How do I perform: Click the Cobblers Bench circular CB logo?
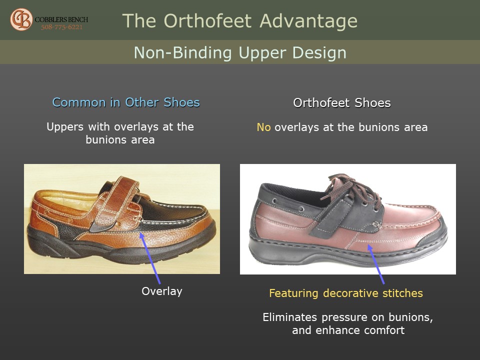coord(21,19)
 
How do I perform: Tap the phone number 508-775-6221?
coord(62,27)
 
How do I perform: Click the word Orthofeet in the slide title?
coord(208,21)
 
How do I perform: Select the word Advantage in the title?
coord(308,21)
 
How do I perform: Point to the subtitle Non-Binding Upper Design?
coord(240,52)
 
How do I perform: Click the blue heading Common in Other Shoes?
coord(126,102)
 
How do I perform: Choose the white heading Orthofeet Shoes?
coord(342,103)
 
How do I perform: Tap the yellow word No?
coord(263,127)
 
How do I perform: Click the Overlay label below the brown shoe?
coord(162,291)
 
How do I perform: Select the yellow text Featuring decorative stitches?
coord(346,293)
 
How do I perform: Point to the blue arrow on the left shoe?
coord(149,258)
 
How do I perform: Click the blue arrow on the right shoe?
coord(376,264)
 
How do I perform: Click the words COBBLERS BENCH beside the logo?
coord(61,19)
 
